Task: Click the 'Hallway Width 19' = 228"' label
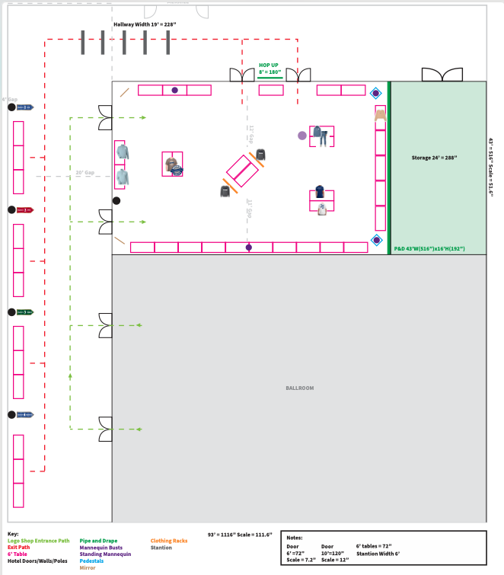coord(145,24)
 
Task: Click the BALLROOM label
coord(299,388)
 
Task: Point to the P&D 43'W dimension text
coord(429,249)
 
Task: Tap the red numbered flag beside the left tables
coord(26,209)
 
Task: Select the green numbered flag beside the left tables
coord(26,311)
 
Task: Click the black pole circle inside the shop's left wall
coord(116,200)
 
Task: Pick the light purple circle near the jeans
coord(302,136)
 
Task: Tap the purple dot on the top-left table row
coord(174,90)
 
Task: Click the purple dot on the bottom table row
coord(248,247)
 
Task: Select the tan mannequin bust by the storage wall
coord(380,113)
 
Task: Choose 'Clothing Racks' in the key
coord(169,541)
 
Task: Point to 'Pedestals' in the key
coord(91,561)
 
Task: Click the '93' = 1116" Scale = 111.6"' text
coord(240,535)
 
